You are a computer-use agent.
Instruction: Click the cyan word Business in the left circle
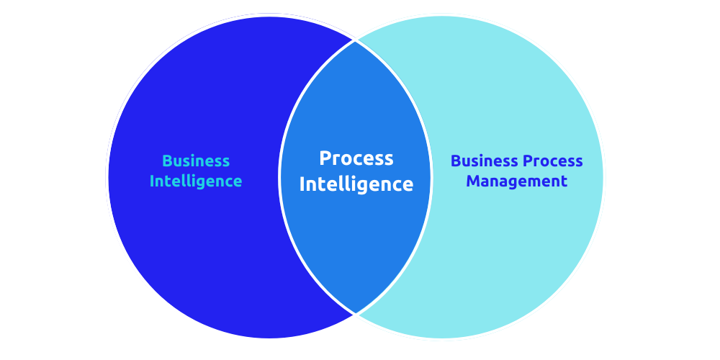tap(196, 161)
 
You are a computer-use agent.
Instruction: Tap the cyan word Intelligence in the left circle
tap(196, 181)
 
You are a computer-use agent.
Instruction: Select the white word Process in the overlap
tap(356, 158)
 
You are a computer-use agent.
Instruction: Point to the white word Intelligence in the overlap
tap(356, 184)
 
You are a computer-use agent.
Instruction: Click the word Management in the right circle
tap(517, 181)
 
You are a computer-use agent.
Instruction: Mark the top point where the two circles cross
tap(355, 40)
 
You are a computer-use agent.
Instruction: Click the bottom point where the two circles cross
tap(355, 313)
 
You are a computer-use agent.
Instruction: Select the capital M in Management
tap(473, 181)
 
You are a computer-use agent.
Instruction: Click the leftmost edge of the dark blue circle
tap(108, 177)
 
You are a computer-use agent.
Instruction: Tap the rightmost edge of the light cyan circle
tap(603, 177)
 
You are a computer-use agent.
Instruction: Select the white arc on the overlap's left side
tap(279, 177)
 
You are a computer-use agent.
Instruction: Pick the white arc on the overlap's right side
tap(431, 177)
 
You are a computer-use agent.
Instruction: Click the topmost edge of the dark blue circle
tap(269, 17)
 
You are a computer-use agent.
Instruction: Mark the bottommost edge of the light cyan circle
tap(442, 338)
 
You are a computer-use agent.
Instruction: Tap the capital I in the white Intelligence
tap(302, 184)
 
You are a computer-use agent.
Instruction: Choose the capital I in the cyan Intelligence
tap(152, 181)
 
